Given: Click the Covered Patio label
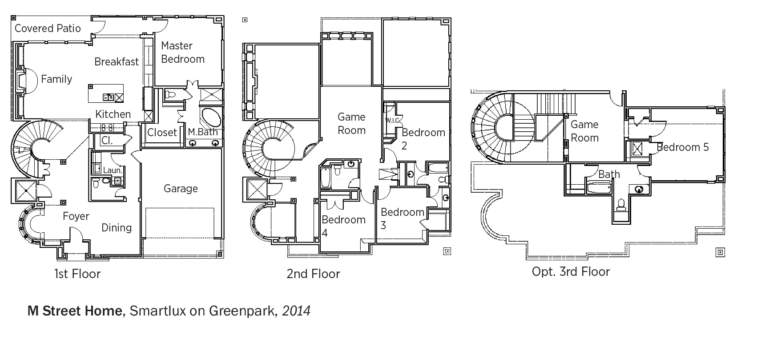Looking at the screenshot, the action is (48, 28).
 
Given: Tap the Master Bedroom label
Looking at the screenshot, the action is (183, 53).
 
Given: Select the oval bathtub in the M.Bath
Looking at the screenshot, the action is (211, 117).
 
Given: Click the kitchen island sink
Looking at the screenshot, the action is (109, 98).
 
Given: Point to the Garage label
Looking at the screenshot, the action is (181, 189).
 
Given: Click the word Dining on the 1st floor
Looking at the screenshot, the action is (117, 228).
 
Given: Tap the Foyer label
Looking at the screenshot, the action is (76, 216).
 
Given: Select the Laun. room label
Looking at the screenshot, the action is (113, 170).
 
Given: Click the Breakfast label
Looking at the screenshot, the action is (117, 62).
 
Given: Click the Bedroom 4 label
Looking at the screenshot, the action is (343, 226).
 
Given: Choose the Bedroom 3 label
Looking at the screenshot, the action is (402, 218).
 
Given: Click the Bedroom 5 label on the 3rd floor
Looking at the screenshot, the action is (683, 147).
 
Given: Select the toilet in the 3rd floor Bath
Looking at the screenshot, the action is (621, 205).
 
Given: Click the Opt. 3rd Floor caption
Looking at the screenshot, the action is (571, 272).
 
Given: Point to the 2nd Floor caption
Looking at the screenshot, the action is (313, 274).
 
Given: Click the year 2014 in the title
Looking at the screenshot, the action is (296, 311).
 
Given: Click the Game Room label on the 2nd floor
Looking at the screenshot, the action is (351, 124).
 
